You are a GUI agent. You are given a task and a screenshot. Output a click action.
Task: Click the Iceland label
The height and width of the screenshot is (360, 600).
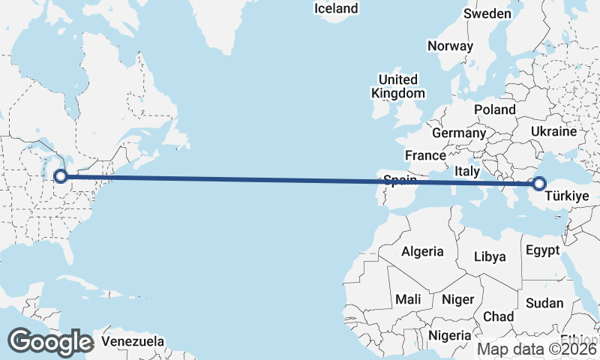point(336,9)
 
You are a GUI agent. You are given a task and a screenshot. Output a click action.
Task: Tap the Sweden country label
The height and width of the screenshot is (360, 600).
point(487,13)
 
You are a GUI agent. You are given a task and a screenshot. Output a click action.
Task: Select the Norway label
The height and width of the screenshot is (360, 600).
point(450,46)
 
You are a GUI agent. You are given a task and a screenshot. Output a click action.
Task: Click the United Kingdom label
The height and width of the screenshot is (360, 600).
point(397,86)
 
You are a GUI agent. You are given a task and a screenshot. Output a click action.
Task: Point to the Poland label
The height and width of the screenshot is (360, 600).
point(495,109)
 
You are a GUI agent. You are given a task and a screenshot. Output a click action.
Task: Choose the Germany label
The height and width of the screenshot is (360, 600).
point(459,133)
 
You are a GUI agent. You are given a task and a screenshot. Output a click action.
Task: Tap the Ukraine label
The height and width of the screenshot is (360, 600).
point(553,131)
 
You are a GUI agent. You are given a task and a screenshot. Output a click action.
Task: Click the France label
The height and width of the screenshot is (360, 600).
point(425,155)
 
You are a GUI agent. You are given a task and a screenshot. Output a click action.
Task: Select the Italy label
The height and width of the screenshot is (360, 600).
point(467,171)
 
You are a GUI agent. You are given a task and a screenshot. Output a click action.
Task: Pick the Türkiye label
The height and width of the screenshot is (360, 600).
point(568,196)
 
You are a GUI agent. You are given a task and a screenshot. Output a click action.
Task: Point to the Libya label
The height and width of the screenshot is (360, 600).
point(490,256)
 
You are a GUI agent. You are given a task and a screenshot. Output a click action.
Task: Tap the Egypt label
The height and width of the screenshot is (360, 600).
point(542,250)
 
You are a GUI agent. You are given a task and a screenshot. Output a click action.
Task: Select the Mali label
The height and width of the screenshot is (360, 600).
point(408,299)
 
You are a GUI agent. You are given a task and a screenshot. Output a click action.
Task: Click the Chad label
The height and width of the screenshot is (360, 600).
point(499,316)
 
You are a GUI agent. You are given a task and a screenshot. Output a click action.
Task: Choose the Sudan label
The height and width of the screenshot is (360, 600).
point(544,303)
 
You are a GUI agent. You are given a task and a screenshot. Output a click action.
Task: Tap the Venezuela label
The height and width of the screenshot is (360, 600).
point(133,341)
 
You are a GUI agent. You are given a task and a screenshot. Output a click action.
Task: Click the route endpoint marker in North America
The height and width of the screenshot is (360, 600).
point(61,177)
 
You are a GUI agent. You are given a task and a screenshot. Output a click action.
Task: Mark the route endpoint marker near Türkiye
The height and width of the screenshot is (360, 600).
point(538,183)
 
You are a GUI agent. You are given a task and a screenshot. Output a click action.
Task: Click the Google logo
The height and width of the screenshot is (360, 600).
point(50,342)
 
